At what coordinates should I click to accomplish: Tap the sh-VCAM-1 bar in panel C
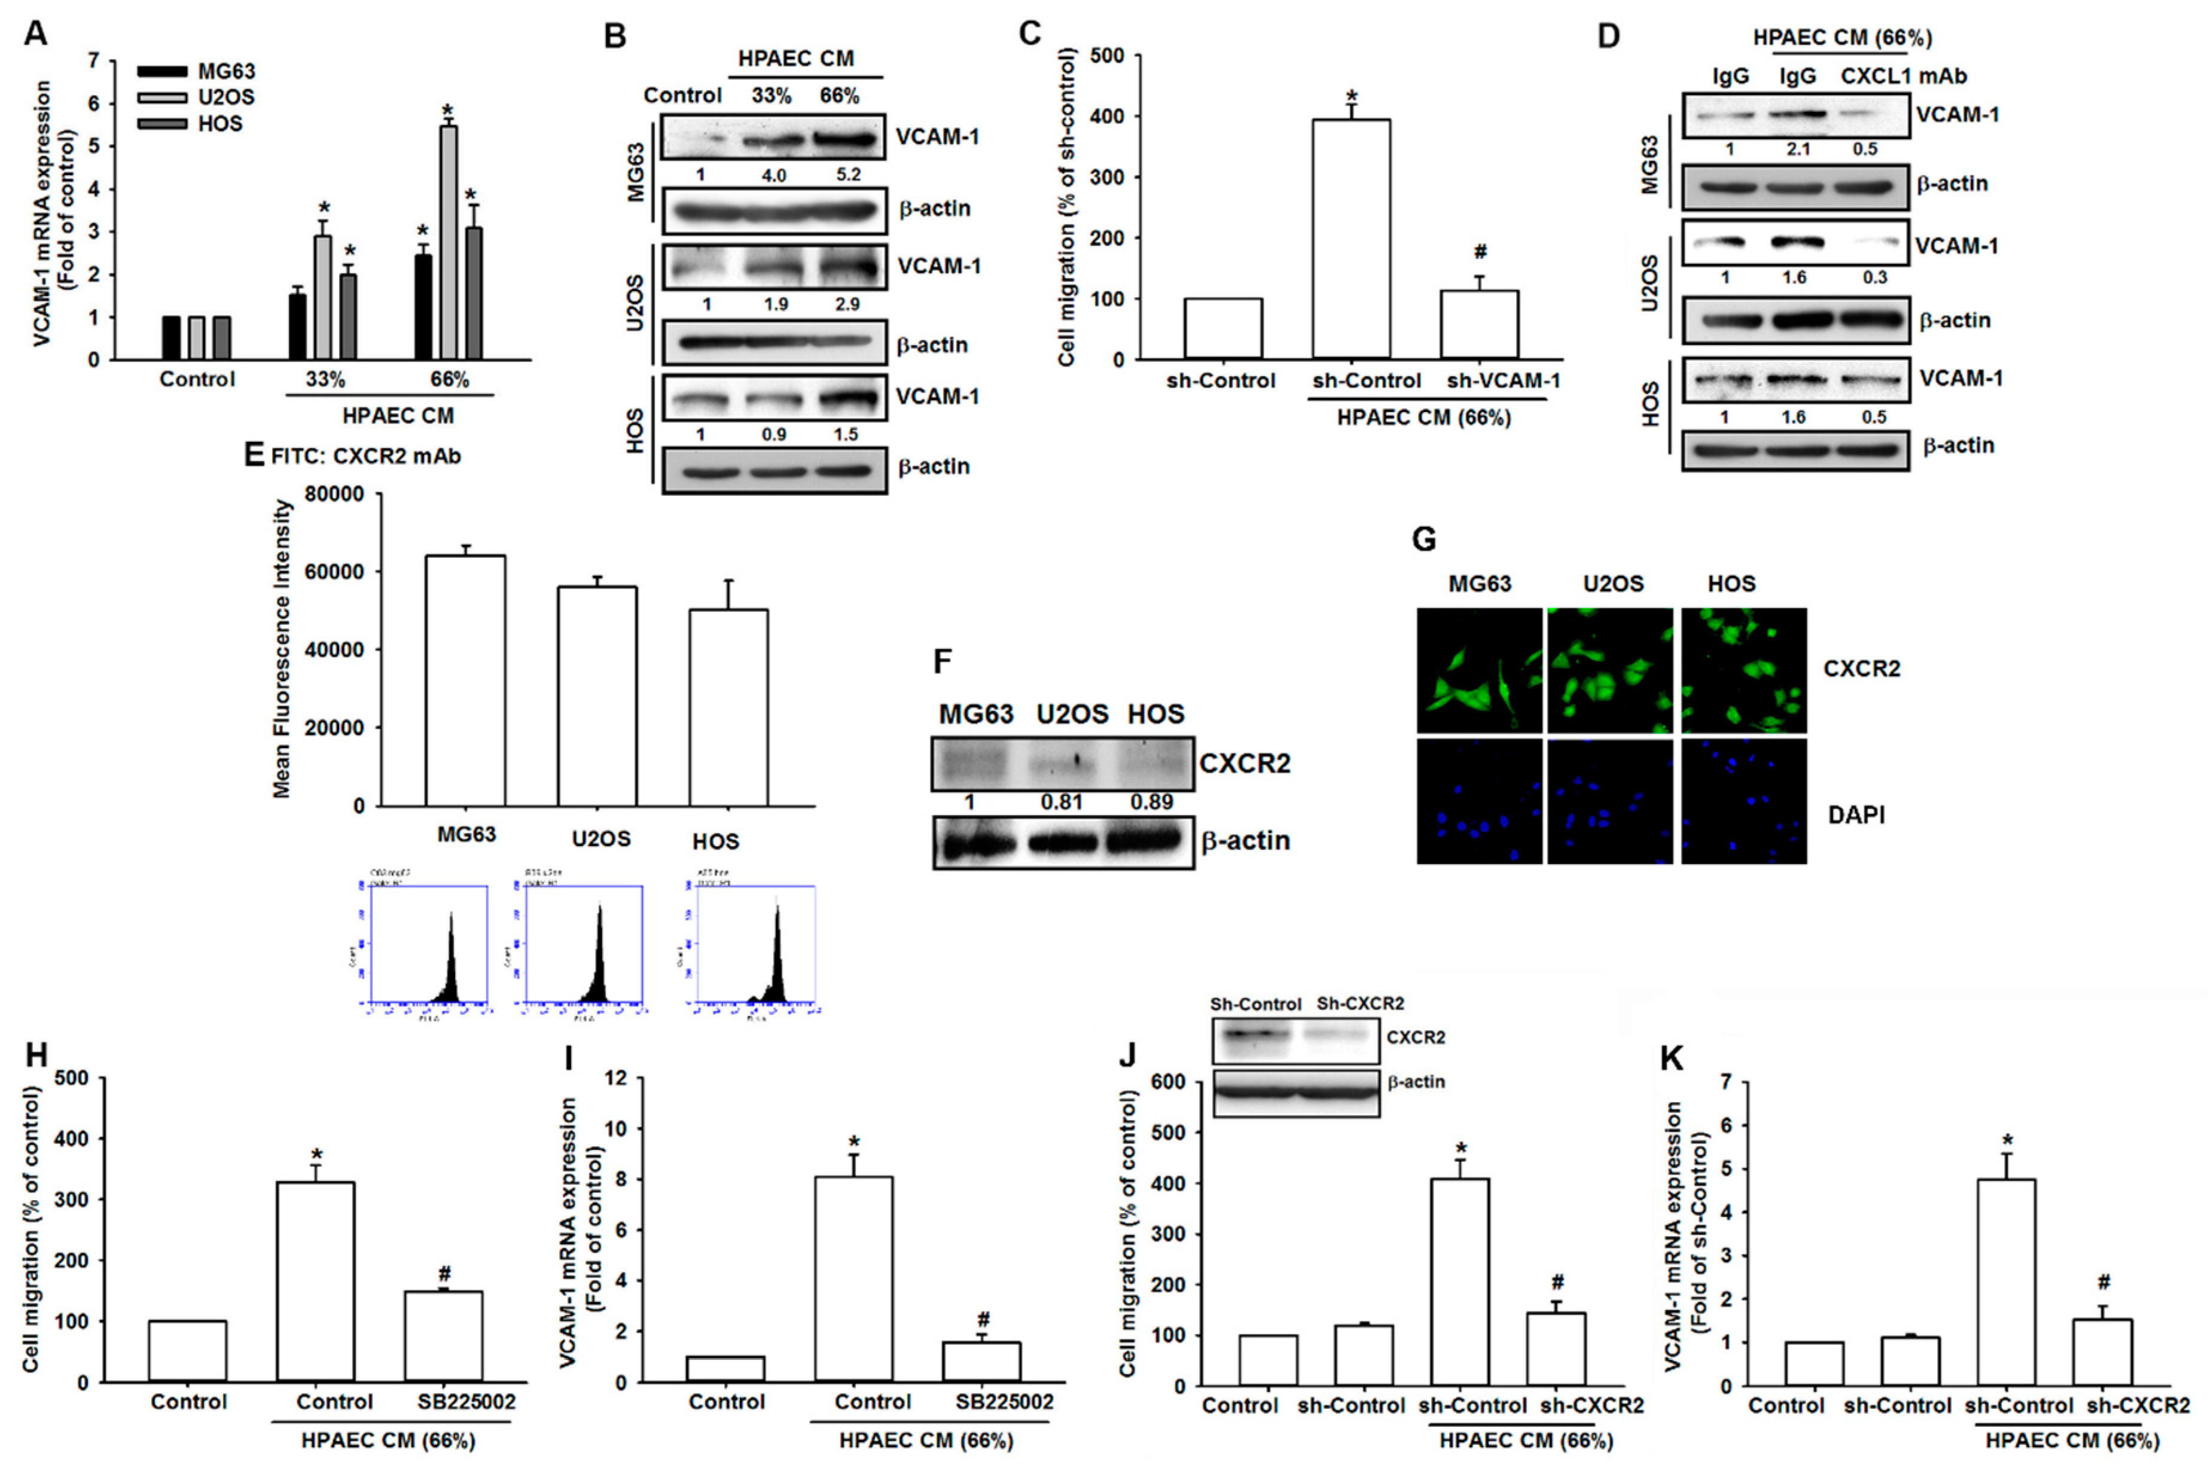point(1480,325)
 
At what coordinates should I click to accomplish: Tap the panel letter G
point(1425,540)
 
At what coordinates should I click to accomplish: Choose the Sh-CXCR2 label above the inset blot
point(1359,1004)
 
